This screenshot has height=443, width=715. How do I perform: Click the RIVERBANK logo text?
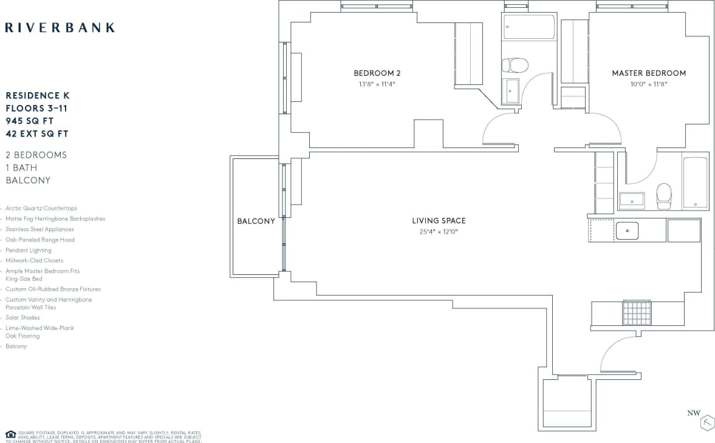pyautogui.click(x=60, y=27)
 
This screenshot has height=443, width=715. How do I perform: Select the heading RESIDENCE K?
pyautogui.click(x=38, y=96)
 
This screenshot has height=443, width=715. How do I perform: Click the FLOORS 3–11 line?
pyautogui.click(x=36, y=109)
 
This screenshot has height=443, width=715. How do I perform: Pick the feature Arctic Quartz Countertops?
pyautogui.click(x=41, y=208)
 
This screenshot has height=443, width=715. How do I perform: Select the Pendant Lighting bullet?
pyautogui.click(x=29, y=250)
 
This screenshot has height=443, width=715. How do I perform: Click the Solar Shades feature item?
pyautogui.click(x=22, y=317)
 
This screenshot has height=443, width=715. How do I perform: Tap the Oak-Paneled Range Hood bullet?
pyautogui.click(x=40, y=240)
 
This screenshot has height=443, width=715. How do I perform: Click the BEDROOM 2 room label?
pyautogui.click(x=377, y=73)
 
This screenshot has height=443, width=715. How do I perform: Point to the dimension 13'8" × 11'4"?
pyautogui.click(x=377, y=84)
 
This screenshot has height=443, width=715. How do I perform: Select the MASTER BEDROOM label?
pyautogui.click(x=649, y=73)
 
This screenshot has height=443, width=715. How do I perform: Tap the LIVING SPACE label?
pyautogui.click(x=439, y=221)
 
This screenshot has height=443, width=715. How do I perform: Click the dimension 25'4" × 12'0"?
pyautogui.click(x=439, y=231)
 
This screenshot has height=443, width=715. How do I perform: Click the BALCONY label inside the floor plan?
pyautogui.click(x=256, y=221)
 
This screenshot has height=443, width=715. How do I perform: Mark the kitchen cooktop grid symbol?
pyautogui.click(x=637, y=313)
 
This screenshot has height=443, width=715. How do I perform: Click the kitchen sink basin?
pyautogui.click(x=626, y=231)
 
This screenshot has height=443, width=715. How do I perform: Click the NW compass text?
pyautogui.click(x=694, y=413)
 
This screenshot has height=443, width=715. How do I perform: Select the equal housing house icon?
pyautogui.click(x=10, y=434)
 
